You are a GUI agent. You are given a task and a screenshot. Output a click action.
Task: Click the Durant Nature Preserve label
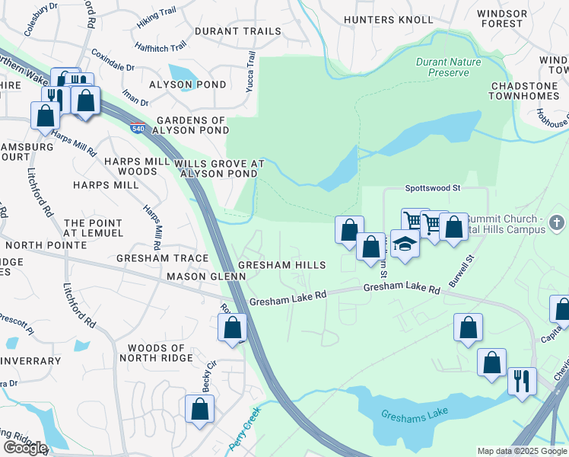click(442, 66)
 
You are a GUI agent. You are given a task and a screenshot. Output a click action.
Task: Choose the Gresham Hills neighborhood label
click(281, 265)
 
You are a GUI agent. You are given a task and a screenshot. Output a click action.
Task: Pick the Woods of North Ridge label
click(158, 353)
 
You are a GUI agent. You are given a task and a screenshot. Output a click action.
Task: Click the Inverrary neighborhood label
click(30, 361)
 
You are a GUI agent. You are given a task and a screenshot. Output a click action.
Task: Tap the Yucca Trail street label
click(250, 72)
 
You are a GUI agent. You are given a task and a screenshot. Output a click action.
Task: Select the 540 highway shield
click(138, 127)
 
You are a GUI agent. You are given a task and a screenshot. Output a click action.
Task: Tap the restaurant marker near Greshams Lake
click(522, 380)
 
